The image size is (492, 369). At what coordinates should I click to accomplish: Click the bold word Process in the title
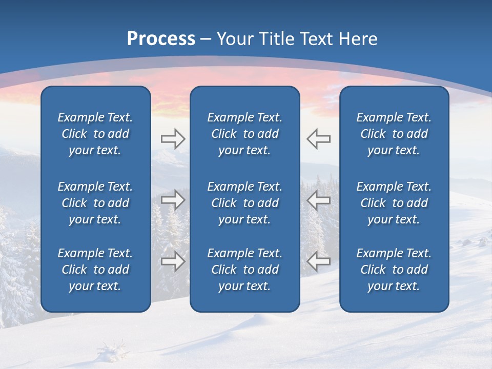point(161,39)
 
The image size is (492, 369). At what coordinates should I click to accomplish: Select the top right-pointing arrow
point(173,139)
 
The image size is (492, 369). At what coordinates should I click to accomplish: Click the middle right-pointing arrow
point(173,200)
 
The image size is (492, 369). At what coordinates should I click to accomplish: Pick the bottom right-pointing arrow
point(173,261)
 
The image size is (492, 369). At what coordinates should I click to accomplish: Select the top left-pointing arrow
point(319,139)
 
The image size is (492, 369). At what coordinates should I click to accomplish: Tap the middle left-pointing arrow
point(319,200)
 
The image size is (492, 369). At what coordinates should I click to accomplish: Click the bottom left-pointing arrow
point(319,261)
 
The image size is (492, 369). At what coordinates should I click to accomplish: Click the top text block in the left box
point(95,134)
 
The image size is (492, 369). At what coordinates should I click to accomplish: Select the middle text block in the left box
point(95,203)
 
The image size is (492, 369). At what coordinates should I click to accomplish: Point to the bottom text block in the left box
point(95,270)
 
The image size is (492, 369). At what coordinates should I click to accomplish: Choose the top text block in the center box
point(244,134)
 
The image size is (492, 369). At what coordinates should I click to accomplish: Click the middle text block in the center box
point(244,203)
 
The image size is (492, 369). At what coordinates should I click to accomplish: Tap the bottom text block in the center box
point(244,270)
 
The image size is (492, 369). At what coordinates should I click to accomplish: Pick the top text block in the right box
point(394,134)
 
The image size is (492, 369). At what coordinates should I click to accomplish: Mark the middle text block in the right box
point(394,203)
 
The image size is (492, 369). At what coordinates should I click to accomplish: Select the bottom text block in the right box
point(394,270)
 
